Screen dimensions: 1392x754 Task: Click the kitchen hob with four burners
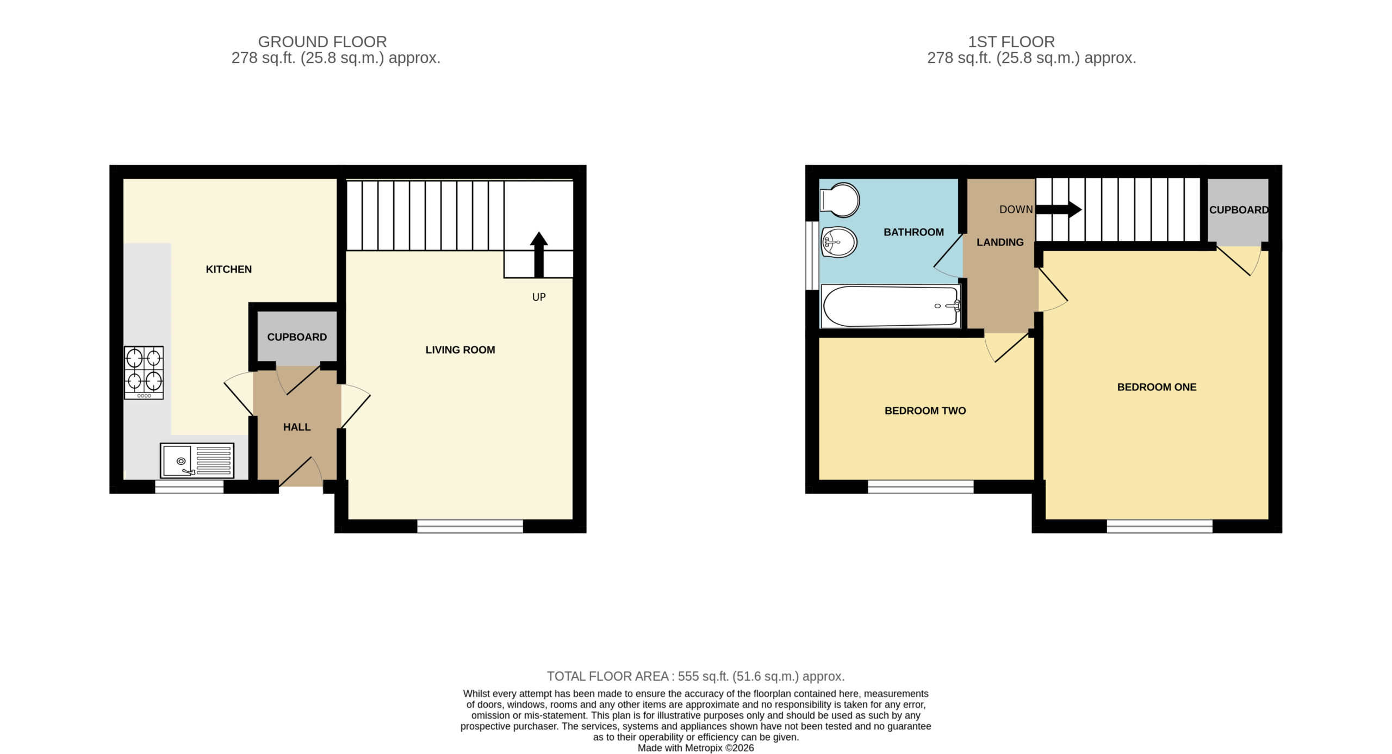click(144, 372)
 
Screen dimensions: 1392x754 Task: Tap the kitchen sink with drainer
click(197, 460)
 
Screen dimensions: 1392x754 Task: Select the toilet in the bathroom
click(840, 200)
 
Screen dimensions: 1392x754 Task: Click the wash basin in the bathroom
click(840, 242)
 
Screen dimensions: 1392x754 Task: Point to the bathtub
click(891, 307)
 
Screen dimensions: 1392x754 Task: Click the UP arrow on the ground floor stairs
click(538, 254)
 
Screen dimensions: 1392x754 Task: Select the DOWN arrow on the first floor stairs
click(1059, 209)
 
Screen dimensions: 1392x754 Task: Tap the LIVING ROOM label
click(460, 350)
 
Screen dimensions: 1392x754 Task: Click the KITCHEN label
click(228, 269)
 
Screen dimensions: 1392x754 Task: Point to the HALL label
click(297, 427)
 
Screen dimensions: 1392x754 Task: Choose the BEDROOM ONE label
click(1157, 387)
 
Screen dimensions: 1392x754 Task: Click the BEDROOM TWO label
click(925, 411)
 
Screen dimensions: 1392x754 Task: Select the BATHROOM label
click(913, 232)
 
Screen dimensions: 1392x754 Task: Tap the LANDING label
click(1000, 242)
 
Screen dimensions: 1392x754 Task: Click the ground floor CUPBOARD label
click(297, 337)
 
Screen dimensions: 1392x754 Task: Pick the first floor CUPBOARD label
click(1239, 210)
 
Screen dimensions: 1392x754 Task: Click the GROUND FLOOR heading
click(322, 42)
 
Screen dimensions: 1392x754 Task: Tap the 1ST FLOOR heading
click(1011, 42)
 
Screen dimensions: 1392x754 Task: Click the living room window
click(470, 526)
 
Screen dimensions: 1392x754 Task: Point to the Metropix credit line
click(695, 748)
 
